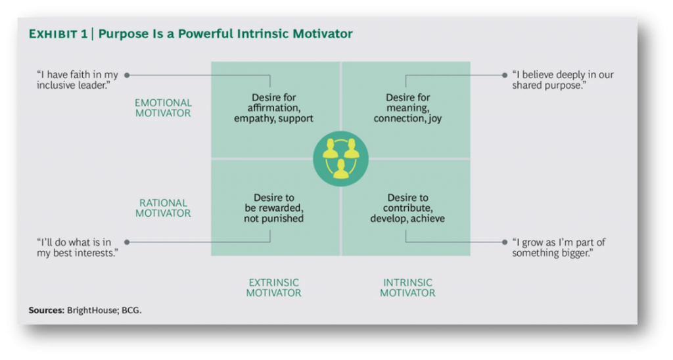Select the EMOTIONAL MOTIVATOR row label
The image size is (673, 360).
(x=163, y=108)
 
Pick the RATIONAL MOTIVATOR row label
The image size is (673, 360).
(x=163, y=208)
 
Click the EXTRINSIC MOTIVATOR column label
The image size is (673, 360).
(x=273, y=288)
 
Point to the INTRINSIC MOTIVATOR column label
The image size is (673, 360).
(x=407, y=288)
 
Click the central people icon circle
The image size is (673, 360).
(x=340, y=158)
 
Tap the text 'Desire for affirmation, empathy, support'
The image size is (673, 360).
(x=273, y=108)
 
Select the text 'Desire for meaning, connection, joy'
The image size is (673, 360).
(x=407, y=108)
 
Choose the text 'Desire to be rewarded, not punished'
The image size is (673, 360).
(x=273, y=208)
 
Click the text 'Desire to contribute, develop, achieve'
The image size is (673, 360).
(x=407, y=208)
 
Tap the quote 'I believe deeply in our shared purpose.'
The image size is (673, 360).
(x=562, y=80)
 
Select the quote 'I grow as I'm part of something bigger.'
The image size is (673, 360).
(x=558, y=248)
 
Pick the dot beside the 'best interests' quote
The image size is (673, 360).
(x=127, y=242)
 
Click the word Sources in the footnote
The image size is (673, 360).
(x=46, y=310)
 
